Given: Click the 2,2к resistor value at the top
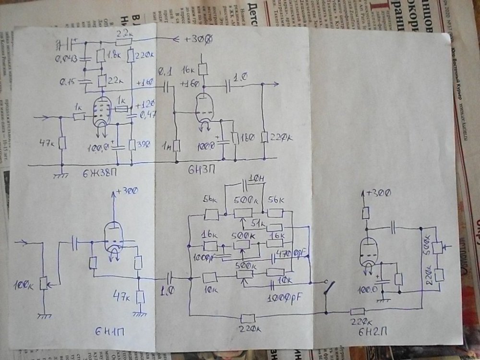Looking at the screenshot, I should point(123,32).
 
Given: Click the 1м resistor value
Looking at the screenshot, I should point(168,144).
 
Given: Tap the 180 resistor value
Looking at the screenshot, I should point(248,136).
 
